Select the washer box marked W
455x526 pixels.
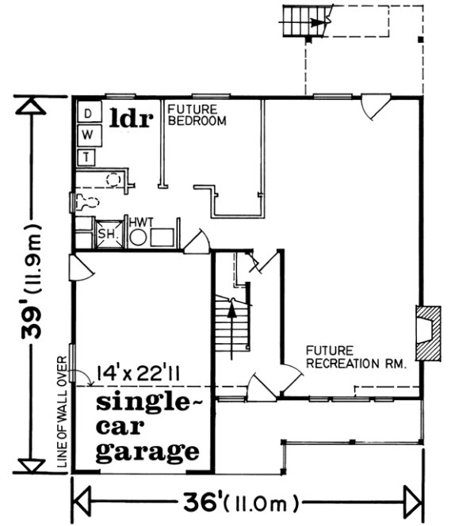89,135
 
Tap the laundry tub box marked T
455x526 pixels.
89,156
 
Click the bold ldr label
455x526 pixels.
130,118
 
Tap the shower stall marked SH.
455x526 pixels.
107,234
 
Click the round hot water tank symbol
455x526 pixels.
138,236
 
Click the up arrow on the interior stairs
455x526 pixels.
231,315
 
